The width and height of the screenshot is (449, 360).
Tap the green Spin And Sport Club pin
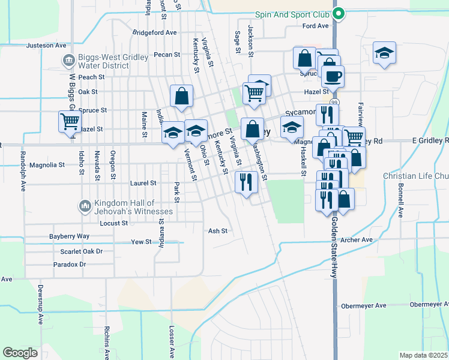point(338,12)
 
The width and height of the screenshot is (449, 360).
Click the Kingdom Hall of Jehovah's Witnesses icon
point(85,207)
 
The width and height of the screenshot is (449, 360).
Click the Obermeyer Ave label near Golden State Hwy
point(364,305)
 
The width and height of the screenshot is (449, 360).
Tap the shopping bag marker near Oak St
point(181,96)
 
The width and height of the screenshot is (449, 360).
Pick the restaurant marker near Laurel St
point(246,182)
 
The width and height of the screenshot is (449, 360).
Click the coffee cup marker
point(332,76)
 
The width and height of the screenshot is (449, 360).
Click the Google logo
point(20,353)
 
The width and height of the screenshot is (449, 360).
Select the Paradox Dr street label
point(70,264)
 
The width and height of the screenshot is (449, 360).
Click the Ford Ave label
point(316,26)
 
